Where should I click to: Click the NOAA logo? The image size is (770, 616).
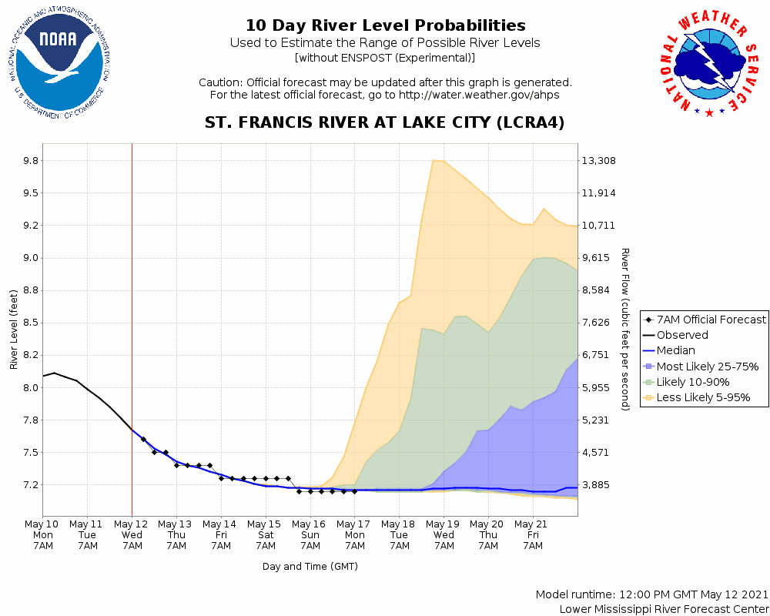[60, 66]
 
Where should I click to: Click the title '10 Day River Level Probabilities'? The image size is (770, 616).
[385, 25]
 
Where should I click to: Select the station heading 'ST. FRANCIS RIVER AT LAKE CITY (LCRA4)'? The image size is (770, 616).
[385, 122]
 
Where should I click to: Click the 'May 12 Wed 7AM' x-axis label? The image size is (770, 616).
[132, 534]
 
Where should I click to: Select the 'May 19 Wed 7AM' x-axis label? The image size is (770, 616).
[444, 534]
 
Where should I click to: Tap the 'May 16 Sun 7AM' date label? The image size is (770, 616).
[310, 534]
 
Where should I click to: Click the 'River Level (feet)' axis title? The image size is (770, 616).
[14, 329]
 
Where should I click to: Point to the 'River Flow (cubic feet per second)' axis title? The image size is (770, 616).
[625, 329]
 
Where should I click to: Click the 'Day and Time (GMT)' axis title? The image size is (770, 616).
[310, 567]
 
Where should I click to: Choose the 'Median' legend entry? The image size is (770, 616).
[675, 350]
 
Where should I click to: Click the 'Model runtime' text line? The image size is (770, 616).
[651, 595]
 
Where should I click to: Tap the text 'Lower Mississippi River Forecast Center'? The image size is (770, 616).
[664, 609]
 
